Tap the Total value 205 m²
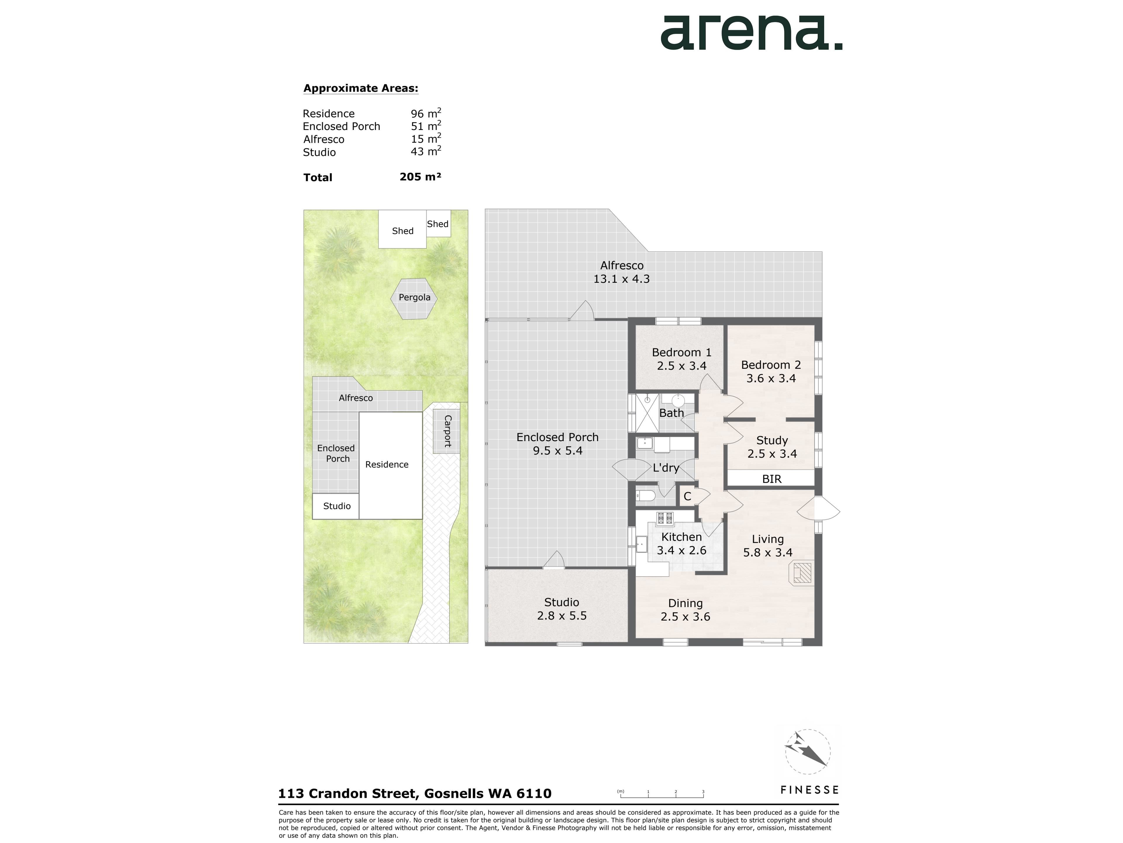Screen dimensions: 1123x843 point(420,177)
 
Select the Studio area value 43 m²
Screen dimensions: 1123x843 point(426,151)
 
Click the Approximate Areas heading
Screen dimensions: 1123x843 point(361,88)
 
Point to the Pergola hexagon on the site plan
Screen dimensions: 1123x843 point(414,299)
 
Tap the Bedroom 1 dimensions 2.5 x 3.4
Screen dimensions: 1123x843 point(682,366)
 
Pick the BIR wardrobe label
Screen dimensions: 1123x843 point(772,479)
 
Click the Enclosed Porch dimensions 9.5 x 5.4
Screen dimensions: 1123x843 point(557,451)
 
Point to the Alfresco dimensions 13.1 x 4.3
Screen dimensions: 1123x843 point(621,279)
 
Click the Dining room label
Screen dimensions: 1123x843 point(685,603)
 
